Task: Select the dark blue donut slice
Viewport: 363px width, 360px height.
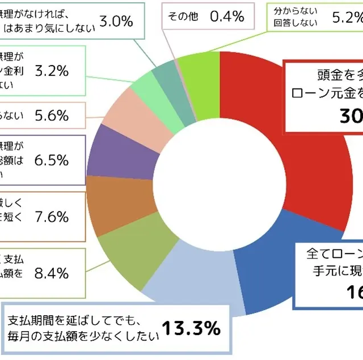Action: click(x=267, y=272)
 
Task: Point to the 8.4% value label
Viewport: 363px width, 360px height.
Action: click(x=52, y=273)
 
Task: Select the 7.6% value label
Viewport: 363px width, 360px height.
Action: click(x=52, y=217)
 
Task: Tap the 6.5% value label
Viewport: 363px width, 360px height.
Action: click(x=52, y=160)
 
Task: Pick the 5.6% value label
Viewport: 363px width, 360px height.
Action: click(x=52, y=116)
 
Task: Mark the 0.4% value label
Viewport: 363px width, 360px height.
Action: click(x=227, y=16)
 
